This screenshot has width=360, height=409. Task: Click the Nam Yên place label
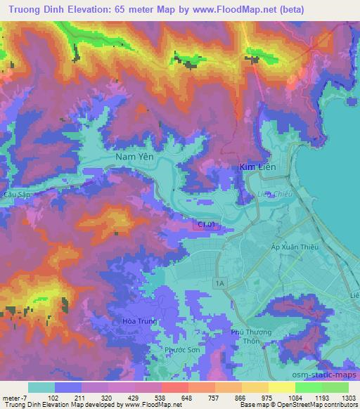pos(132,158)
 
